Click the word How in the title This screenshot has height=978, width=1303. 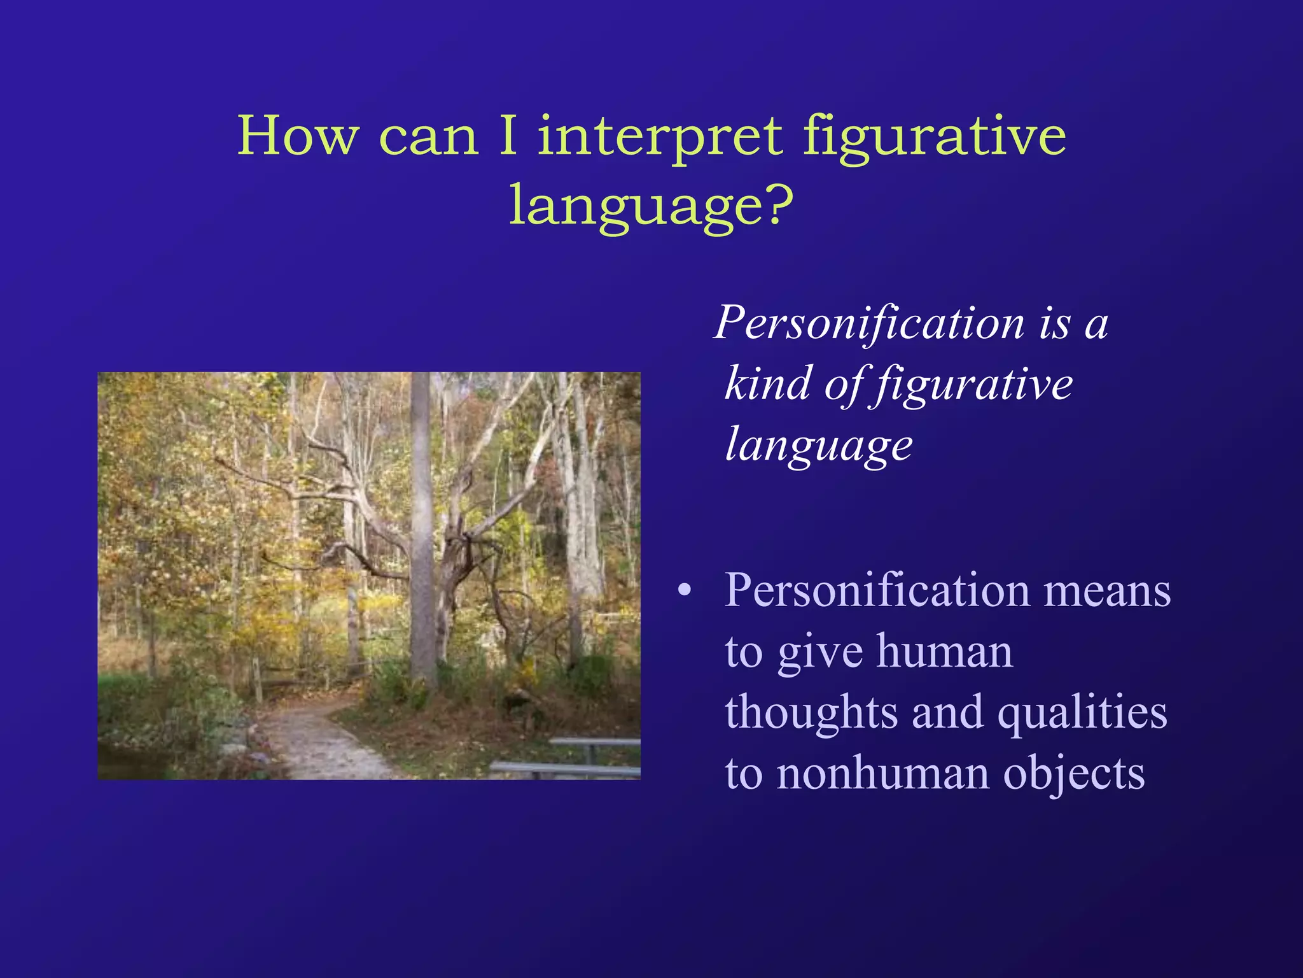(x=298, y=135)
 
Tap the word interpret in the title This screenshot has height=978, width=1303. (x=660, y=136)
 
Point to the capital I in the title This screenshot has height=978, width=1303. (x=508, y=135)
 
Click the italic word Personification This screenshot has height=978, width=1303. (x=869, y=323)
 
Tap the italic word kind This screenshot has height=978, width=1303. (x=768, y=383)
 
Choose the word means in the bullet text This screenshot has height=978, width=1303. (x=1107, y=591)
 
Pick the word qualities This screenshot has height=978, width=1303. (x=1082, y=713)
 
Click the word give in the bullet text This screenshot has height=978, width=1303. (x=820, y=653)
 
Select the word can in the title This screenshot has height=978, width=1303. (x=428, y=136)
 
